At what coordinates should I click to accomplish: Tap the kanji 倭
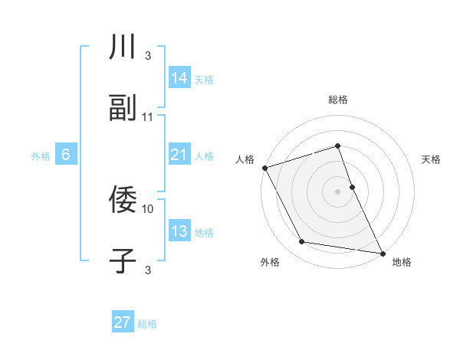123,200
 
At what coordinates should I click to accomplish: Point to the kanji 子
123,260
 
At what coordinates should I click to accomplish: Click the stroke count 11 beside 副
148,116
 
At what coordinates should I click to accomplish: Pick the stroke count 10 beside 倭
148,208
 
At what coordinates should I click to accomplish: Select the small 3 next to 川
148,56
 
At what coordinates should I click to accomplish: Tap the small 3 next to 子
148,270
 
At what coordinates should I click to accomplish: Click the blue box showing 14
179,77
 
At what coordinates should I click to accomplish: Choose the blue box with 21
179,155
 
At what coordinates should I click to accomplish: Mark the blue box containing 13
179,231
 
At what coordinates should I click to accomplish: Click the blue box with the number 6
66,155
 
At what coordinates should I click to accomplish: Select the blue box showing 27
123,322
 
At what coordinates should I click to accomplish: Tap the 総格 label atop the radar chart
338,100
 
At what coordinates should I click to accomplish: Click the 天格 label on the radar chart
432,159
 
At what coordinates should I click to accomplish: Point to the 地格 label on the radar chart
402,262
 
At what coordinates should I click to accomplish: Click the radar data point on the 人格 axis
264,168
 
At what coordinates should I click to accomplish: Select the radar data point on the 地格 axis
382,253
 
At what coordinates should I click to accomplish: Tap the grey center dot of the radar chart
338,191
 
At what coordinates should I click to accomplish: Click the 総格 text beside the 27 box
147,324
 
